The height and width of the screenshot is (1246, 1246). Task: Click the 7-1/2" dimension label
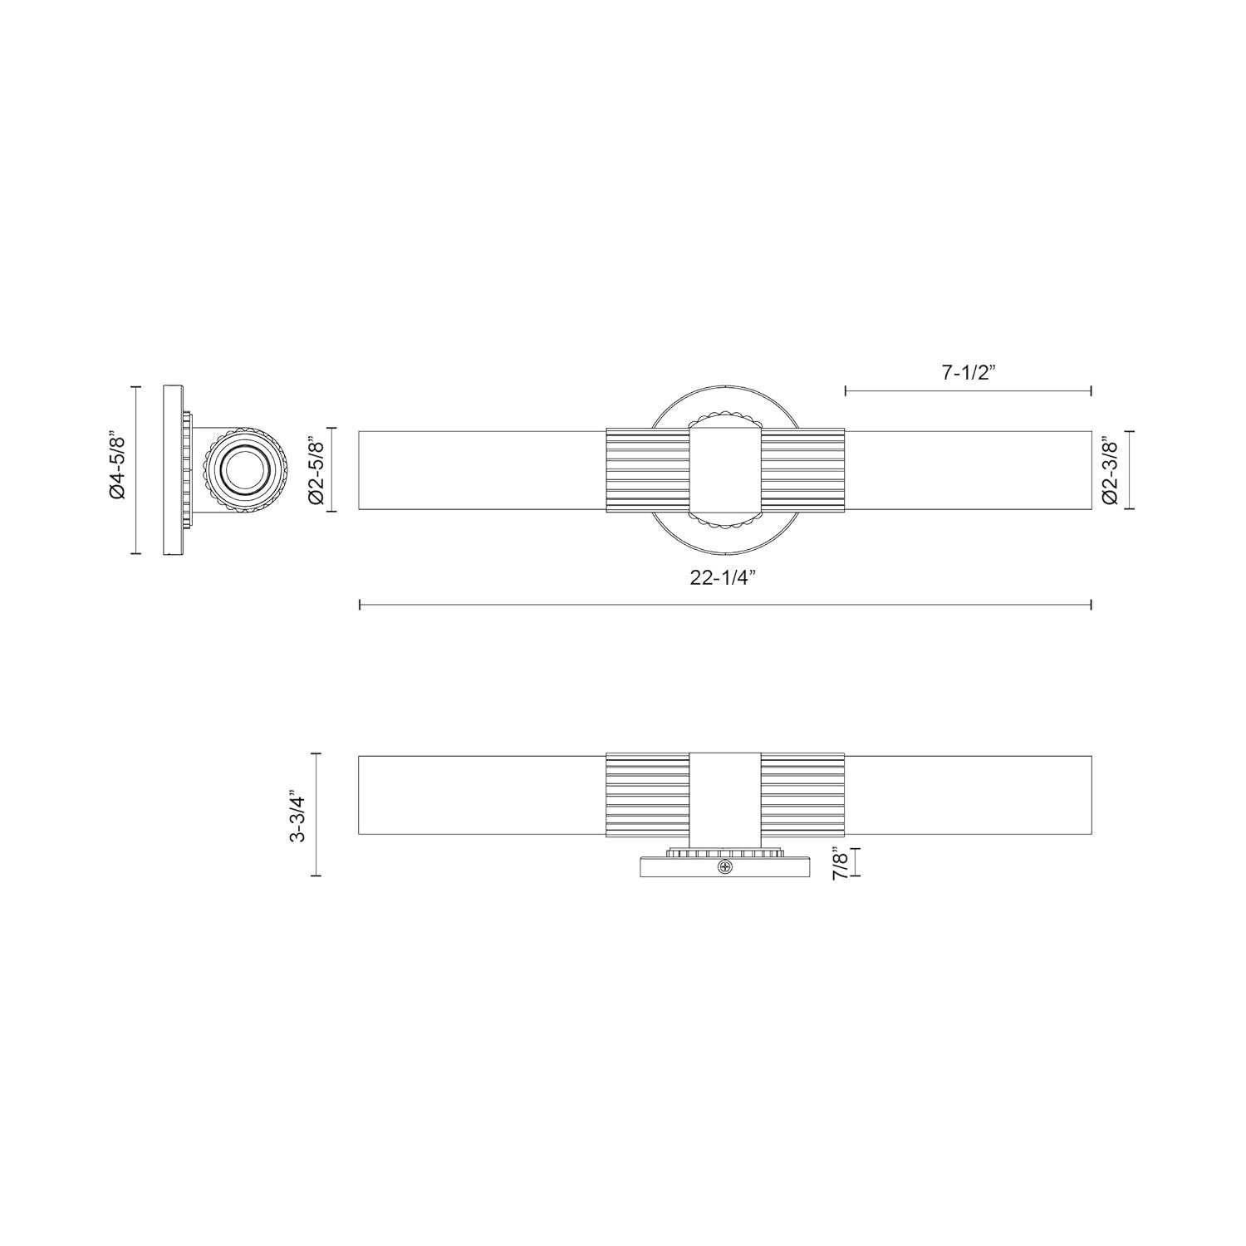(x=969, y=373)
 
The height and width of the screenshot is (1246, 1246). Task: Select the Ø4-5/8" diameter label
(x=117, y=469)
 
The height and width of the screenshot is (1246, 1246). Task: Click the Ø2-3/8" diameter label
(x=1111, y=470)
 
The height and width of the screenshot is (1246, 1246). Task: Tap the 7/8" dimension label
(x=838, y=861)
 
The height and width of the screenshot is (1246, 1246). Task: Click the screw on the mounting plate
(x=727, y=868)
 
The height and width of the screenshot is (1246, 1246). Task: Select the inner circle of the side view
(x=246, y=469)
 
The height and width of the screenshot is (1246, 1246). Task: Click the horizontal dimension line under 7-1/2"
(x=968, y=390)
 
